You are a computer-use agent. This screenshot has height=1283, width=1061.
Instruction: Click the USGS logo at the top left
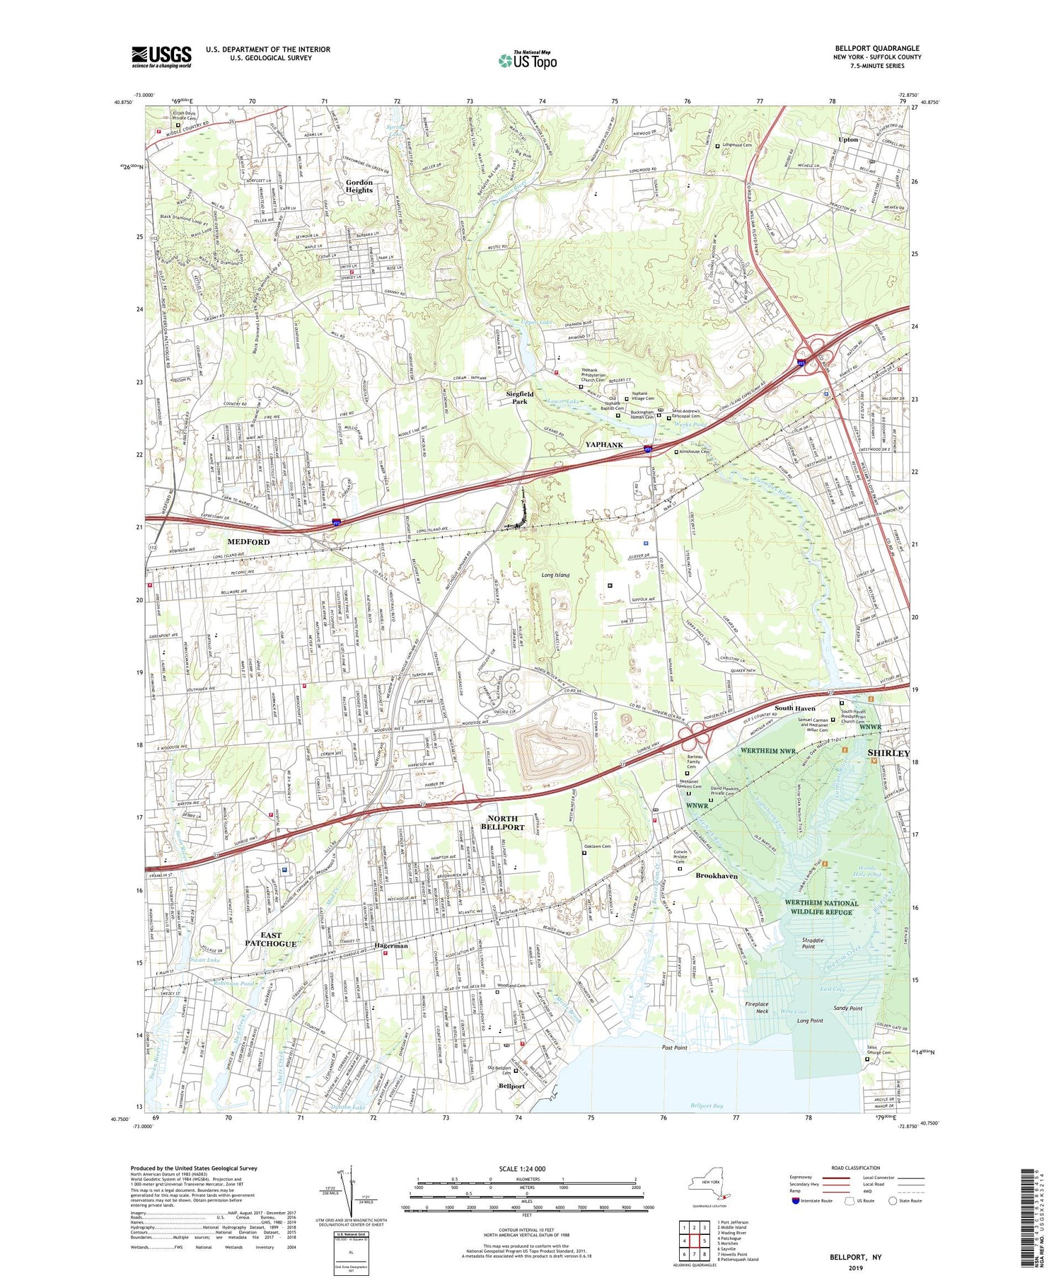click(x=161, y=57)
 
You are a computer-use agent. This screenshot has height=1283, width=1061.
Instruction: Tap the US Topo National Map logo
click(x=526, y=60)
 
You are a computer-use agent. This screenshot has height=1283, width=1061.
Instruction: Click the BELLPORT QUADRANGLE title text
click(x=876, y=49)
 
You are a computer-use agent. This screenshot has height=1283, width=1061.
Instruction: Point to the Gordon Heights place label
click(x=359, y=186)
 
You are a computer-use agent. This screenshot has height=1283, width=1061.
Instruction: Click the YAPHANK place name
click(x=603, y=444)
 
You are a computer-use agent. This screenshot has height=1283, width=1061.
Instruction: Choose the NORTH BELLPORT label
click(x=502, y=822)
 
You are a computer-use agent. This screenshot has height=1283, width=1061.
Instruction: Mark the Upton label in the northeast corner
click(x=847, y=139)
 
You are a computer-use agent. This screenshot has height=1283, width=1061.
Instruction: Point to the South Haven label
click(x=794, y=708)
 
